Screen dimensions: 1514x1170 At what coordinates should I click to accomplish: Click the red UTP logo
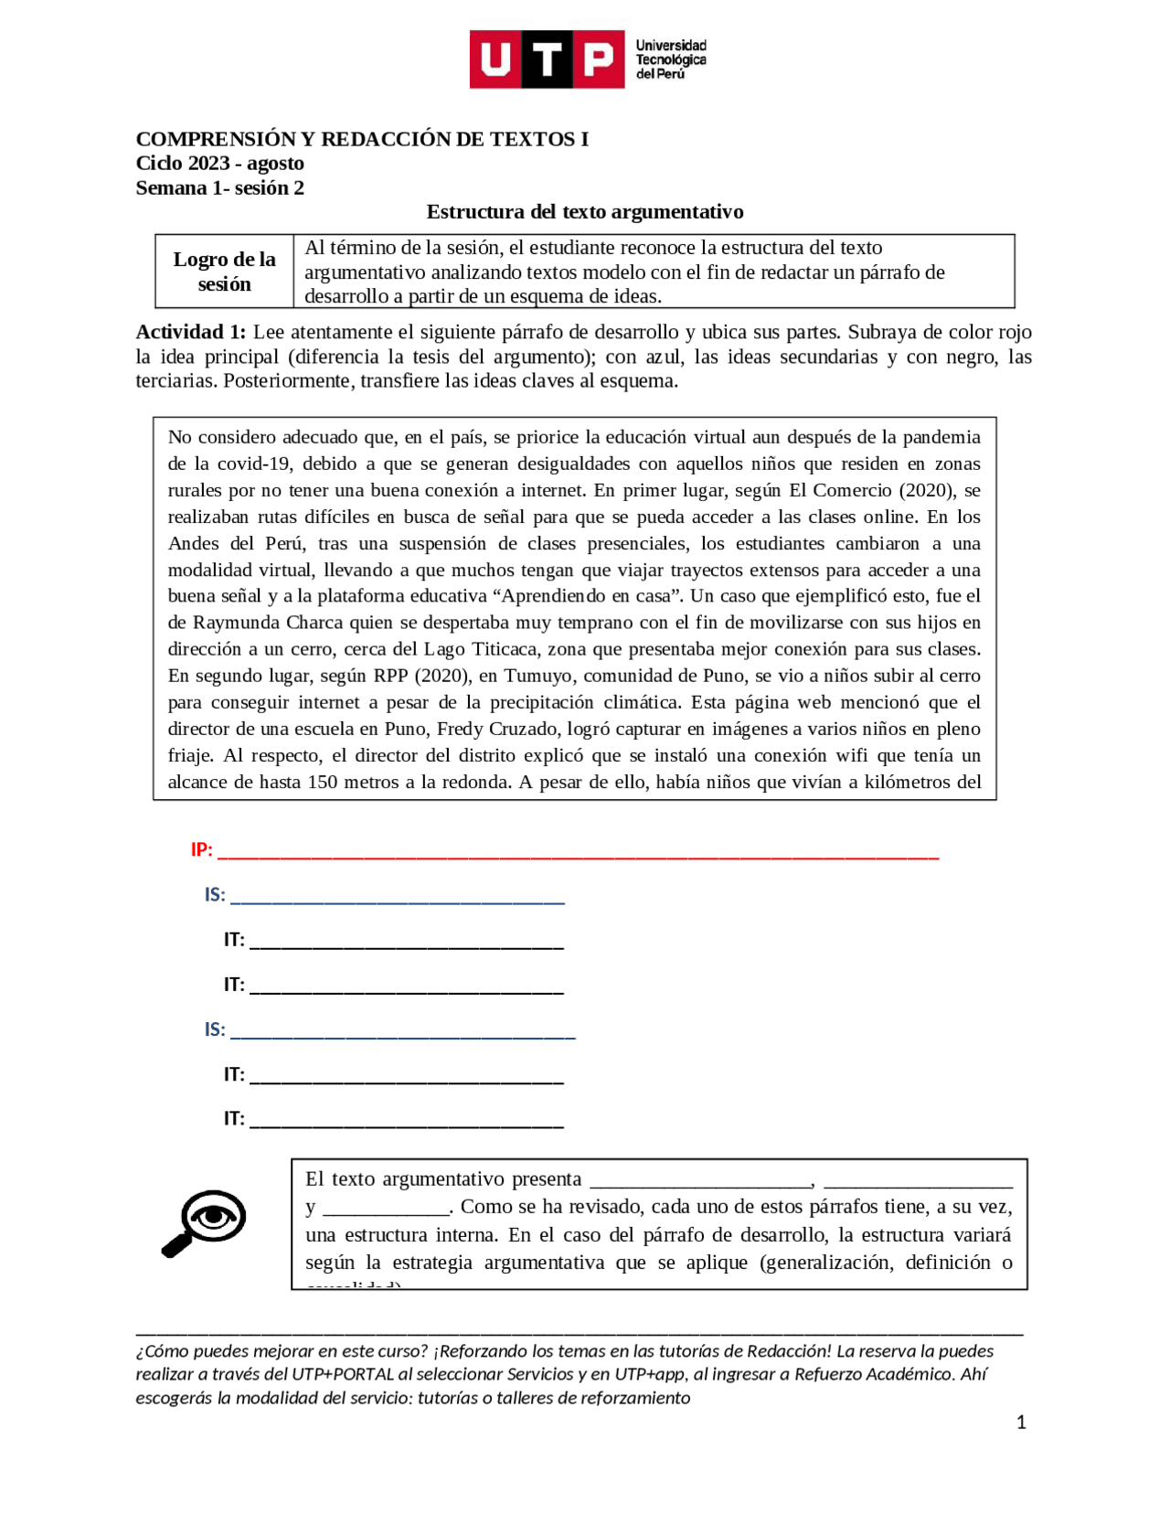click(x=547, y=59)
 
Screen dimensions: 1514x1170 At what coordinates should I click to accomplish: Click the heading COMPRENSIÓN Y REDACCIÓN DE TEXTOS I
click(x=362, y=139)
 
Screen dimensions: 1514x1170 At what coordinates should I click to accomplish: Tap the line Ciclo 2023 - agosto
click(x=219, y=164)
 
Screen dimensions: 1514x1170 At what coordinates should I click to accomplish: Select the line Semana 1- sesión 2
click(x=219, y=188)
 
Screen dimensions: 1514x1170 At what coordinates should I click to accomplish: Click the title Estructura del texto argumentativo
click(x=585, y=212)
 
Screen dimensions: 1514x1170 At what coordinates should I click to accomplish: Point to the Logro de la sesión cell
click(x=224, y=272)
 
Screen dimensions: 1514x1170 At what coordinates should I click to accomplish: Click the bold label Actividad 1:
click(x=190, y=333)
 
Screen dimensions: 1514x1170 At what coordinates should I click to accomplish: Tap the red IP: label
click(x=201, y=850)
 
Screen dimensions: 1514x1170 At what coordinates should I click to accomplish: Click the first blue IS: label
click(x=215, y=895)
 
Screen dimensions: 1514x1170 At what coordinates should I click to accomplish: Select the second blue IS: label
click(x=215, y=1030)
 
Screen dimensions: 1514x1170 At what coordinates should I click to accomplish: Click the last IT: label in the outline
click(x=234, y=1119)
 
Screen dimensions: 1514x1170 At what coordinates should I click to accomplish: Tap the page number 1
click(x=1021, y=1423)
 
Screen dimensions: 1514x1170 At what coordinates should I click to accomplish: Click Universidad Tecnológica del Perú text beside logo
click(x=671, y=59)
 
